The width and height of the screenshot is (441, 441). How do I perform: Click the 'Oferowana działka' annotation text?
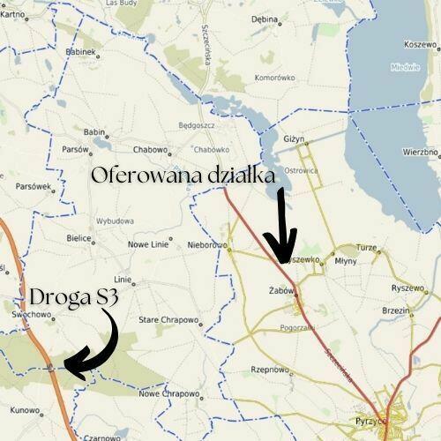point(183,176)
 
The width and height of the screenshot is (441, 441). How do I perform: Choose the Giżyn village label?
point(294,139)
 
